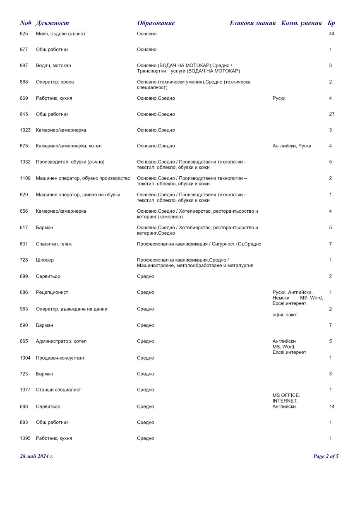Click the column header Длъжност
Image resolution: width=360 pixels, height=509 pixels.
pos(53,23)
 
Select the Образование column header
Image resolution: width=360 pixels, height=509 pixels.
pos(156,23)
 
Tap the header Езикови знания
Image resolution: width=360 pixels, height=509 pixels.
pos(252,23)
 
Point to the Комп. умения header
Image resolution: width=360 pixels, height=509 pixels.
pos(301,23)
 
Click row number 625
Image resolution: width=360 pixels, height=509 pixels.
pos(24,34)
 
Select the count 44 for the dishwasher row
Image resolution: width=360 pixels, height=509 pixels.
pos(331,34)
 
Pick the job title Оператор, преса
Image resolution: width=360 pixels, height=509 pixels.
pos(55,82)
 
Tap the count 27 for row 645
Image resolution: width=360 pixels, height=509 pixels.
pos(331,114)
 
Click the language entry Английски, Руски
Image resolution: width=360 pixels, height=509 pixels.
pos(292,146)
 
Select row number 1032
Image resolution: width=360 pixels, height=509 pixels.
pos(25,162)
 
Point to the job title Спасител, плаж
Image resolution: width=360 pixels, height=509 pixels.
pos(54,244)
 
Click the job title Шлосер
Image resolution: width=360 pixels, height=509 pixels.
pos(45,260)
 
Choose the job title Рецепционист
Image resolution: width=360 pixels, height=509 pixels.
pos(52,292)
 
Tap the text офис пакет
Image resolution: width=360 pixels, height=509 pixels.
pos(285,315)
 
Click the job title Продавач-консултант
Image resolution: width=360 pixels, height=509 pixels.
pos(60,358)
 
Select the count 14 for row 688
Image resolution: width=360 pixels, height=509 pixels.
pos(331,406)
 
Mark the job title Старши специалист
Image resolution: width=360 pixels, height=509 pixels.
pos(58,389)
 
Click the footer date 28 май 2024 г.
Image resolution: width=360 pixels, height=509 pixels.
pos(36,456)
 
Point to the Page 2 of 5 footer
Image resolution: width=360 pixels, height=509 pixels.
pos(326,456)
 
